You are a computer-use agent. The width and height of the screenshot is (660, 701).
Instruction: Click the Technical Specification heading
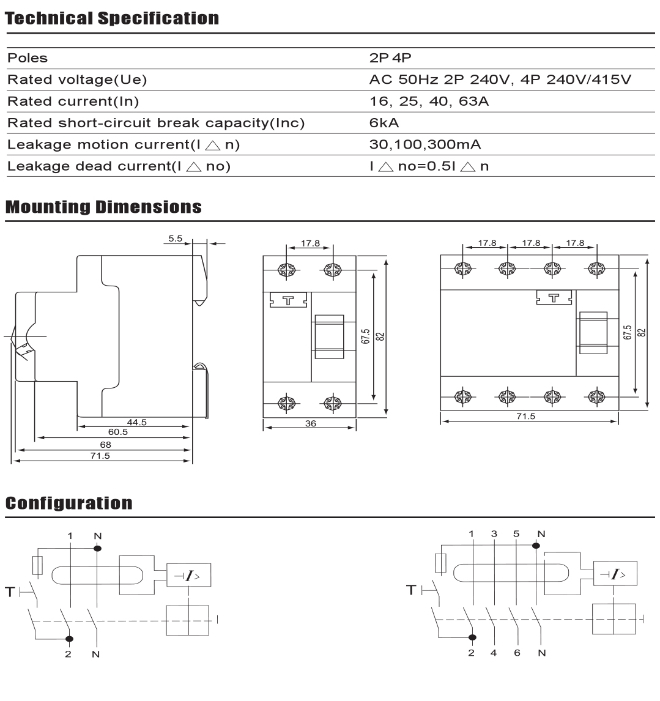[112, 18]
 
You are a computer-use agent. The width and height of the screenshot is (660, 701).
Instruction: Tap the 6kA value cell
[384, 123]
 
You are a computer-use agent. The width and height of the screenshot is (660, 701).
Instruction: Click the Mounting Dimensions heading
[103, 207]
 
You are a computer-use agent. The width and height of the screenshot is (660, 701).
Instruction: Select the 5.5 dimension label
[176, 239]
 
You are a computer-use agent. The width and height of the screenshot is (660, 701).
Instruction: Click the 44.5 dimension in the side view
[137, 422]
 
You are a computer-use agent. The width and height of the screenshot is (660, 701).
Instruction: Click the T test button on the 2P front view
[287, 300]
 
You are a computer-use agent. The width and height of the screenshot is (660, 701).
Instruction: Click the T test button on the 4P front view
[554, 298]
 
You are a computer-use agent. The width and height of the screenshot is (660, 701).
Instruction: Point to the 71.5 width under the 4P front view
[525, 416]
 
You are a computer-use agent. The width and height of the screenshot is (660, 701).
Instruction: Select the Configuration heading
[69, 503]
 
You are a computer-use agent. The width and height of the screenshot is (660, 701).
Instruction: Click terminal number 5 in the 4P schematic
[516, 533]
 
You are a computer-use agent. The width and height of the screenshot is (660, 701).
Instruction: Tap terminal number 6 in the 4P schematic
[517, 653]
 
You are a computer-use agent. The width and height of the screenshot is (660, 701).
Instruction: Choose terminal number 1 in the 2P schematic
[71, 536]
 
